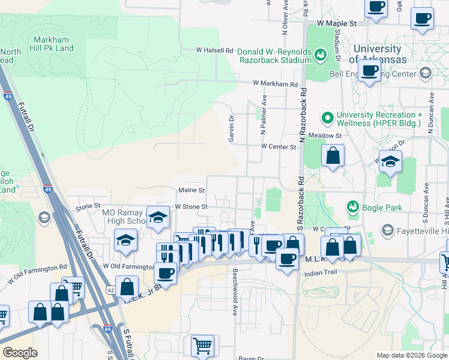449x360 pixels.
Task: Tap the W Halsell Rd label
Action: click(x=214, y=50)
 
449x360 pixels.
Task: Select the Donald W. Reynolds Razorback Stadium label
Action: click(x=274, y=56)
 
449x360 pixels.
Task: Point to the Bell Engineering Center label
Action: click(x=373, y=74)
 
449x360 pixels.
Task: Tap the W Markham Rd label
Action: click(x=275, y=84)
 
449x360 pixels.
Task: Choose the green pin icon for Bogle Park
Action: click(x=353, y=207)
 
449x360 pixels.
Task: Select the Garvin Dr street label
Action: click(x=231, y=129)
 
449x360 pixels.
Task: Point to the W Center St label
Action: click(x=279, y=146)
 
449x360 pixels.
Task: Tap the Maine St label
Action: click(x=191, y=190)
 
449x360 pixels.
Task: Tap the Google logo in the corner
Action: click(x=20, y=353)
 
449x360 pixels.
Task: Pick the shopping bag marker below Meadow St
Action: click(x=333, y=156)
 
